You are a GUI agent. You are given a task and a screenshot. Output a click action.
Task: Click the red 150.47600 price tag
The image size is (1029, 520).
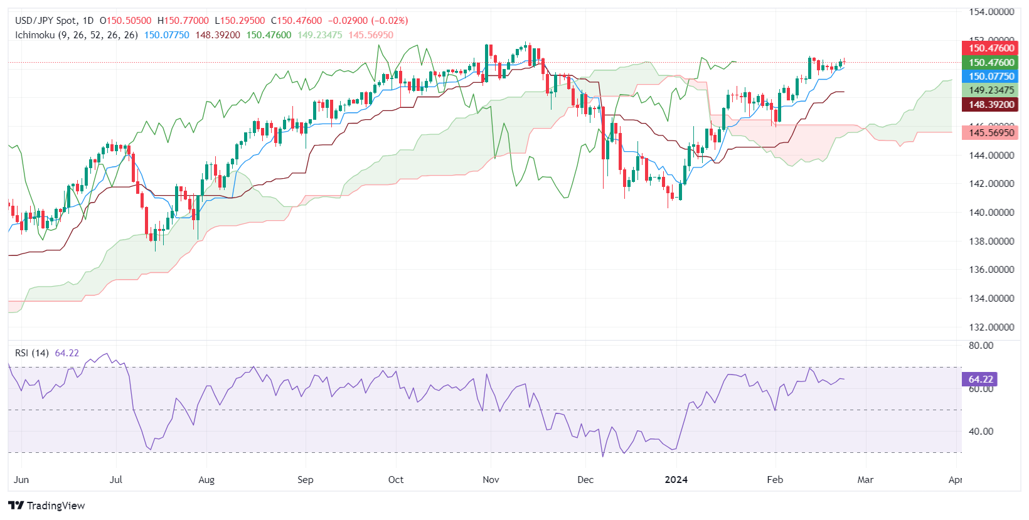(x=990, y=48)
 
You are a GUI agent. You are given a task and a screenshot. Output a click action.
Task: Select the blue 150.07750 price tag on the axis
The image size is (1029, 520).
(x=990, y=77)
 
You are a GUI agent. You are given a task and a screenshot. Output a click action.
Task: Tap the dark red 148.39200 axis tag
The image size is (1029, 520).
(x=990, y=105)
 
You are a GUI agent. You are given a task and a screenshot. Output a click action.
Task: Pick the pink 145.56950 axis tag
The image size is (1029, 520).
(x=990, y=132)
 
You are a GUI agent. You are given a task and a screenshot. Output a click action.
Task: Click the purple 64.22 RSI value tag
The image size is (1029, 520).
(x=979, y=379)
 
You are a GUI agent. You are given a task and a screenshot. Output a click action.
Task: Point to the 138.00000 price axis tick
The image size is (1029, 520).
(x=991, y=241)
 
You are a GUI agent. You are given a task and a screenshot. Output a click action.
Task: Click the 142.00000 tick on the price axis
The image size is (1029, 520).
(x=991, y=184)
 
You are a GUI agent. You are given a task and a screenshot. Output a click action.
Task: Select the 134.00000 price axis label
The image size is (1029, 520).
(x=991, y=299)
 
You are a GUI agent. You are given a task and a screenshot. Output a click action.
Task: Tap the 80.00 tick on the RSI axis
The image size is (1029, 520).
(x=981, y=346)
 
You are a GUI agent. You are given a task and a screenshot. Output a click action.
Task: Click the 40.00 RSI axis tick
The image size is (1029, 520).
(x=981, y=432)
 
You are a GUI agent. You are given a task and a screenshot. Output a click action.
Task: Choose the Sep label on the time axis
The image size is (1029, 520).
(x=305, y=480)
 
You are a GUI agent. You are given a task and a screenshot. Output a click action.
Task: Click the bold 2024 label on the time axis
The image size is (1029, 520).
(x=676, y=480)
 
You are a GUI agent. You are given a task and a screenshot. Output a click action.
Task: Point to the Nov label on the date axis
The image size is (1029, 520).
(x=491, y=480)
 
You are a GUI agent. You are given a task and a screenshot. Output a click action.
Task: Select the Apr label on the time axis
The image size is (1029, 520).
(x=955, y=480)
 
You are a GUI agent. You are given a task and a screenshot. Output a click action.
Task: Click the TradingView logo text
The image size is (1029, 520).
(x=55, y=506)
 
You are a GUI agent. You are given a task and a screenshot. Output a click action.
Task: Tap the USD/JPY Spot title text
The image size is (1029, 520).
(x=46, y=21)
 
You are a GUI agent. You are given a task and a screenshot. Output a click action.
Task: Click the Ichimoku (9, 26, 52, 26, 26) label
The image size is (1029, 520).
(x=77, y=35)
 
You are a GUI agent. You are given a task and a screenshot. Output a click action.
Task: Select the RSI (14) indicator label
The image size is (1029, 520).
(x=32, y=353)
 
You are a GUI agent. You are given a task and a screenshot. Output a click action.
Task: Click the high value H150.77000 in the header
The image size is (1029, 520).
(x=183, y=21)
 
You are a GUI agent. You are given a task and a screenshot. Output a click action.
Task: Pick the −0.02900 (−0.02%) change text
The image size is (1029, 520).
(x=368, y=21)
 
